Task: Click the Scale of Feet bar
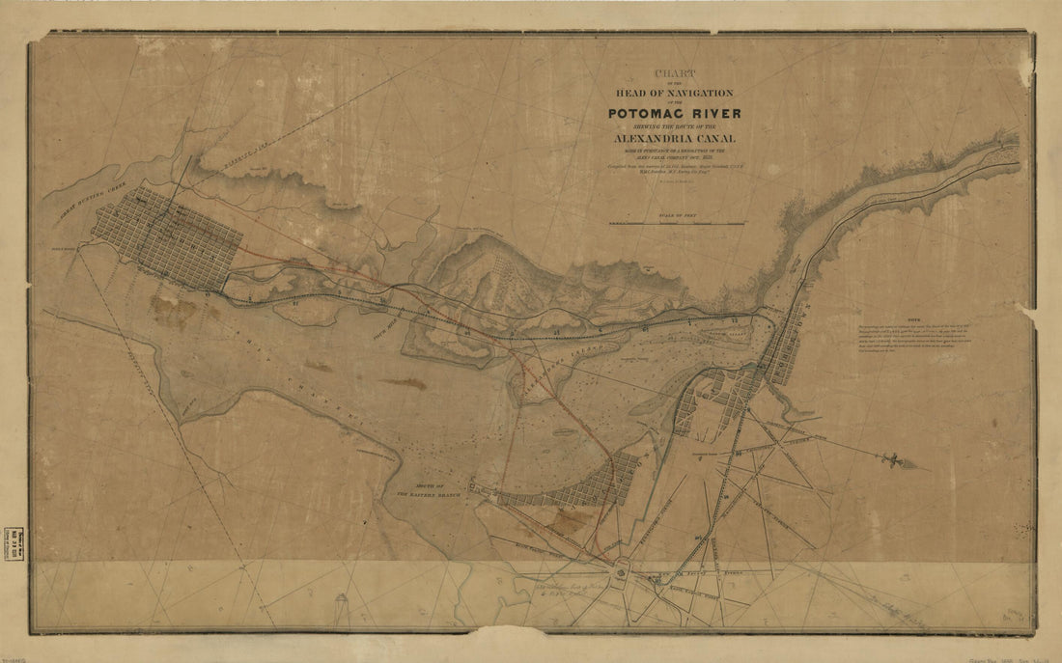(x=677, y=223)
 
